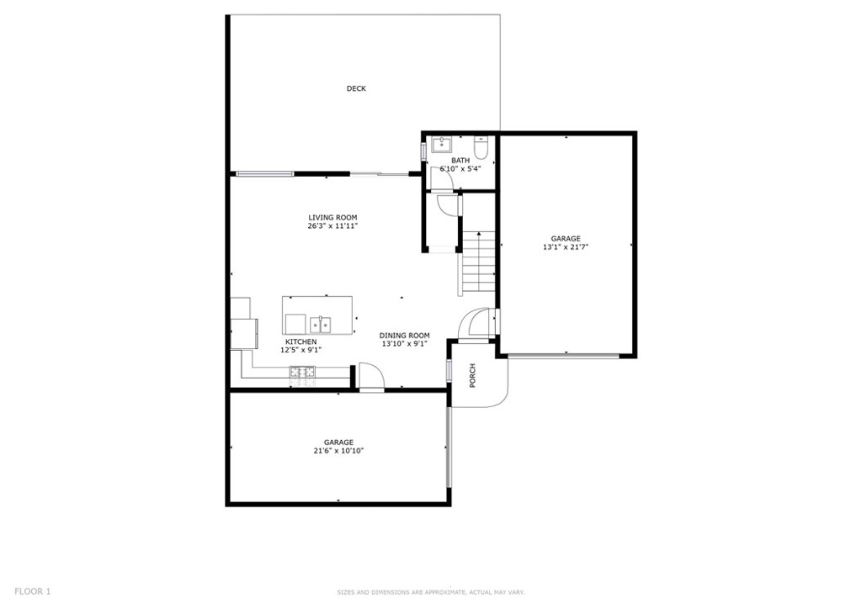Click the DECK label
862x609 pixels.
pyautogui.click(x=356, y=88)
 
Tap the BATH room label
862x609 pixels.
pyautogui.click(x=460, y=161)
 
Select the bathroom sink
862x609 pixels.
pyautogui.click(x=441, y=145)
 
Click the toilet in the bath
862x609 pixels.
pyautogui.click(x=481, y=146)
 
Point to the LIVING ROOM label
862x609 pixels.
pyautogui.click(x=333, y=218)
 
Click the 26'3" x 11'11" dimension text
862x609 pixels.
pyautogui.click(x=333, y=225)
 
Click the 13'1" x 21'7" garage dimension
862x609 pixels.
pyautogui.click(x=566, y=247)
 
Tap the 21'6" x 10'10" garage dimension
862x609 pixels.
pyautogui.click(x=338, y=451)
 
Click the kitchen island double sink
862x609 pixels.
pyautogui.click(x=320, y=325)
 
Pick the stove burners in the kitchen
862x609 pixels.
pyautogui.click(x=303, y=372)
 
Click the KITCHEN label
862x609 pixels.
pyautogui.click(x=301, y=342)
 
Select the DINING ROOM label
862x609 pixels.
pyautogui.click(x=405, y=336)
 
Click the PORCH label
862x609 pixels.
pyautogui.click(x=473, y=376)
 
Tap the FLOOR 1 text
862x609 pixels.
pyautogui.click(x=33, y=591)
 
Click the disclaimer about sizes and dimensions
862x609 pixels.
pyautogui.click(x=431, y=592)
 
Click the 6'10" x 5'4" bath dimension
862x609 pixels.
pyautogui.click(x=460, y=168)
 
